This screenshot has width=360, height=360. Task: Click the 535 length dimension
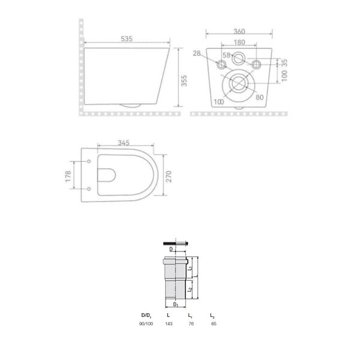click(127, 39)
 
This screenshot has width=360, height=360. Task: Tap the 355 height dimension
click(184, 80)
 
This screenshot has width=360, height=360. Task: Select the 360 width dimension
click(239, 31)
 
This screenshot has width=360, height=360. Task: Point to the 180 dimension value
click(239, 43)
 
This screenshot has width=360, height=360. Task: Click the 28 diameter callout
click(197, 53)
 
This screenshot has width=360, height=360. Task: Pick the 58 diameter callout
click(226, 55)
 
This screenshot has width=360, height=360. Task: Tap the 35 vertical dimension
click(284, 62)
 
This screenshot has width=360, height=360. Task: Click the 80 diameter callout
click(259, 97)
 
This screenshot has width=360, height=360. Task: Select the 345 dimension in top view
click(124, 143)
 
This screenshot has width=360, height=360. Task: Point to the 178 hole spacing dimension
click(68, 176)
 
